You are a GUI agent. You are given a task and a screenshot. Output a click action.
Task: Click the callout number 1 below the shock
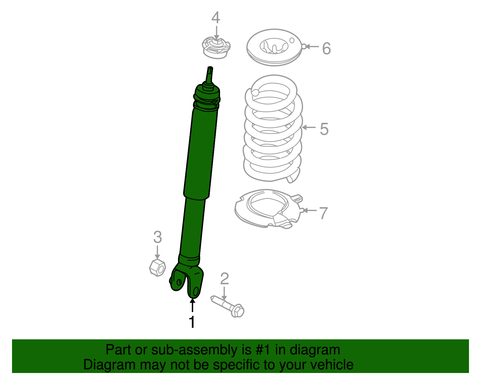191,322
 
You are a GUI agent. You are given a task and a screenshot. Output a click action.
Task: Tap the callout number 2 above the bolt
224,279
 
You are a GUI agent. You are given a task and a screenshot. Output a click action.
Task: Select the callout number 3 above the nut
158,237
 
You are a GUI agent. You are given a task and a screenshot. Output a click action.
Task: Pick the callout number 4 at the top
216,18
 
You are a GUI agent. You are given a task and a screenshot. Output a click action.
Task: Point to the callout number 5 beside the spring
324,129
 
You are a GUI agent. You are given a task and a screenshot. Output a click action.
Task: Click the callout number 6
326,48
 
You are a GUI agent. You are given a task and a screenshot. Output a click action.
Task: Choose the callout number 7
323,213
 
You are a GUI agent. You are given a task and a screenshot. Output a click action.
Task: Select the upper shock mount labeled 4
216,48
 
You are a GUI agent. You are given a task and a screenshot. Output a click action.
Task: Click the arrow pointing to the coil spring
309,128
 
